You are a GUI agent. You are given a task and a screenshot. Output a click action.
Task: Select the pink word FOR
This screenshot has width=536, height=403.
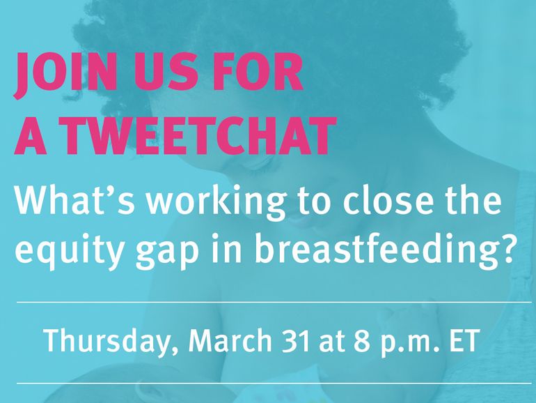[x=258, y=72]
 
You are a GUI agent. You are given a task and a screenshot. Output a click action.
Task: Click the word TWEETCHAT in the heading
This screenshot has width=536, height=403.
[x=198, y=135]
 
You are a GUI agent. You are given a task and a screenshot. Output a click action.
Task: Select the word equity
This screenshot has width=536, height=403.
[x=68, y=250]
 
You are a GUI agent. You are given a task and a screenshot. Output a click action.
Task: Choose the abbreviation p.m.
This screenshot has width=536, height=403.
[x=410, y=343]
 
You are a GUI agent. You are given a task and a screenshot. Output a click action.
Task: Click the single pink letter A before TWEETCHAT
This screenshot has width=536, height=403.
[x=31, y=135]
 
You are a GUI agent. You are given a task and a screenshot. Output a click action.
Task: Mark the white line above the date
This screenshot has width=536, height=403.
[x=274, y=303]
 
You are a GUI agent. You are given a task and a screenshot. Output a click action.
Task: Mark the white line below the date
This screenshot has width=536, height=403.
[x=274, y=383]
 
